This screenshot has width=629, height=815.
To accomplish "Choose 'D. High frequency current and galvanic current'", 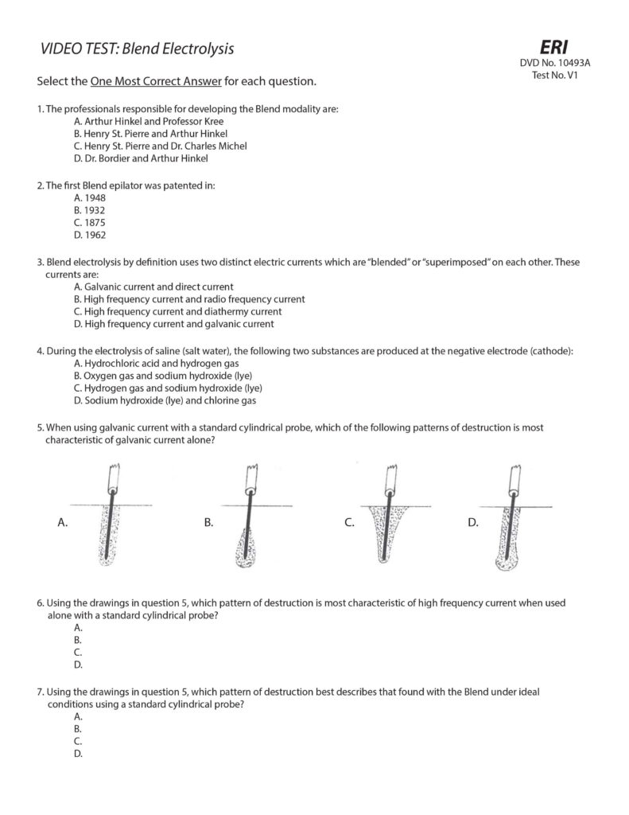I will click(x=173, y=324).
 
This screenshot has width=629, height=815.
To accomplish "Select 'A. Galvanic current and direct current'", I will click(x=153, y=286).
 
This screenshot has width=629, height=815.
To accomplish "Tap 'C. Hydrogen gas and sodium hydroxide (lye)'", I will click(x=167, y=388).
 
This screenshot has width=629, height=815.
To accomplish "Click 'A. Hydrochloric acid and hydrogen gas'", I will click(x=155, y=362).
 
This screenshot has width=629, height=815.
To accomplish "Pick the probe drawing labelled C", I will click(x=387, y=517).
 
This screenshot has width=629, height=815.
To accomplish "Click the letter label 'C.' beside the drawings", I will click(x=349, y=522).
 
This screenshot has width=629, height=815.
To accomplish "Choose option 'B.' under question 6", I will click(x=77, y=639).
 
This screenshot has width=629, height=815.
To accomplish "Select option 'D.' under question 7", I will click(x=78, y=753).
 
